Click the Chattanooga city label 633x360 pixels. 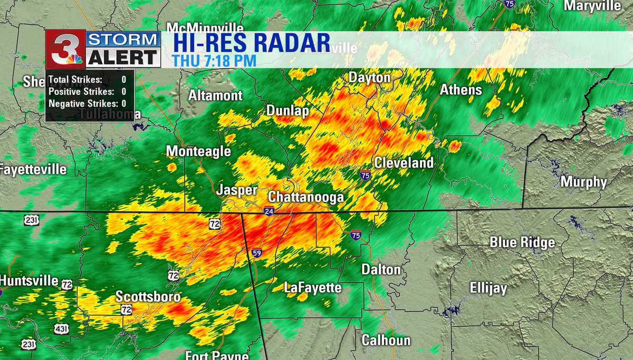click(x=306, y=197)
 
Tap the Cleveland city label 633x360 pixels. click(x=404, y=163)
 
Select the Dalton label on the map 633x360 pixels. click(x=381, y=269)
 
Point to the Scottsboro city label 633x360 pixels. click(x=148, y=297)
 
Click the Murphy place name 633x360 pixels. click(x=583, y=182)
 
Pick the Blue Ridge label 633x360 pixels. click(x=522, y=242)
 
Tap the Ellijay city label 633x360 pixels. click(x=488, y=288)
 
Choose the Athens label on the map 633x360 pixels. click(x=461, y=90)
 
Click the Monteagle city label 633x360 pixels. click(x=198, y=151)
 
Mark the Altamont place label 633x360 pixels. click(x=216, y=95)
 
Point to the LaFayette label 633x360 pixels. click(x=313, y=288)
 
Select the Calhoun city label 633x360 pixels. click(x=386, y=340)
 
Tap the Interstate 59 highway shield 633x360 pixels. click(x=256, y=253)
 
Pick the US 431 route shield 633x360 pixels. click(x=61, y=329)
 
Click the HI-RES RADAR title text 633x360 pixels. click(x=248, y=42)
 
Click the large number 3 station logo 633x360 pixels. click(x=64, y=49)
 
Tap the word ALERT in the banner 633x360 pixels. click(x=123, y=57)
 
